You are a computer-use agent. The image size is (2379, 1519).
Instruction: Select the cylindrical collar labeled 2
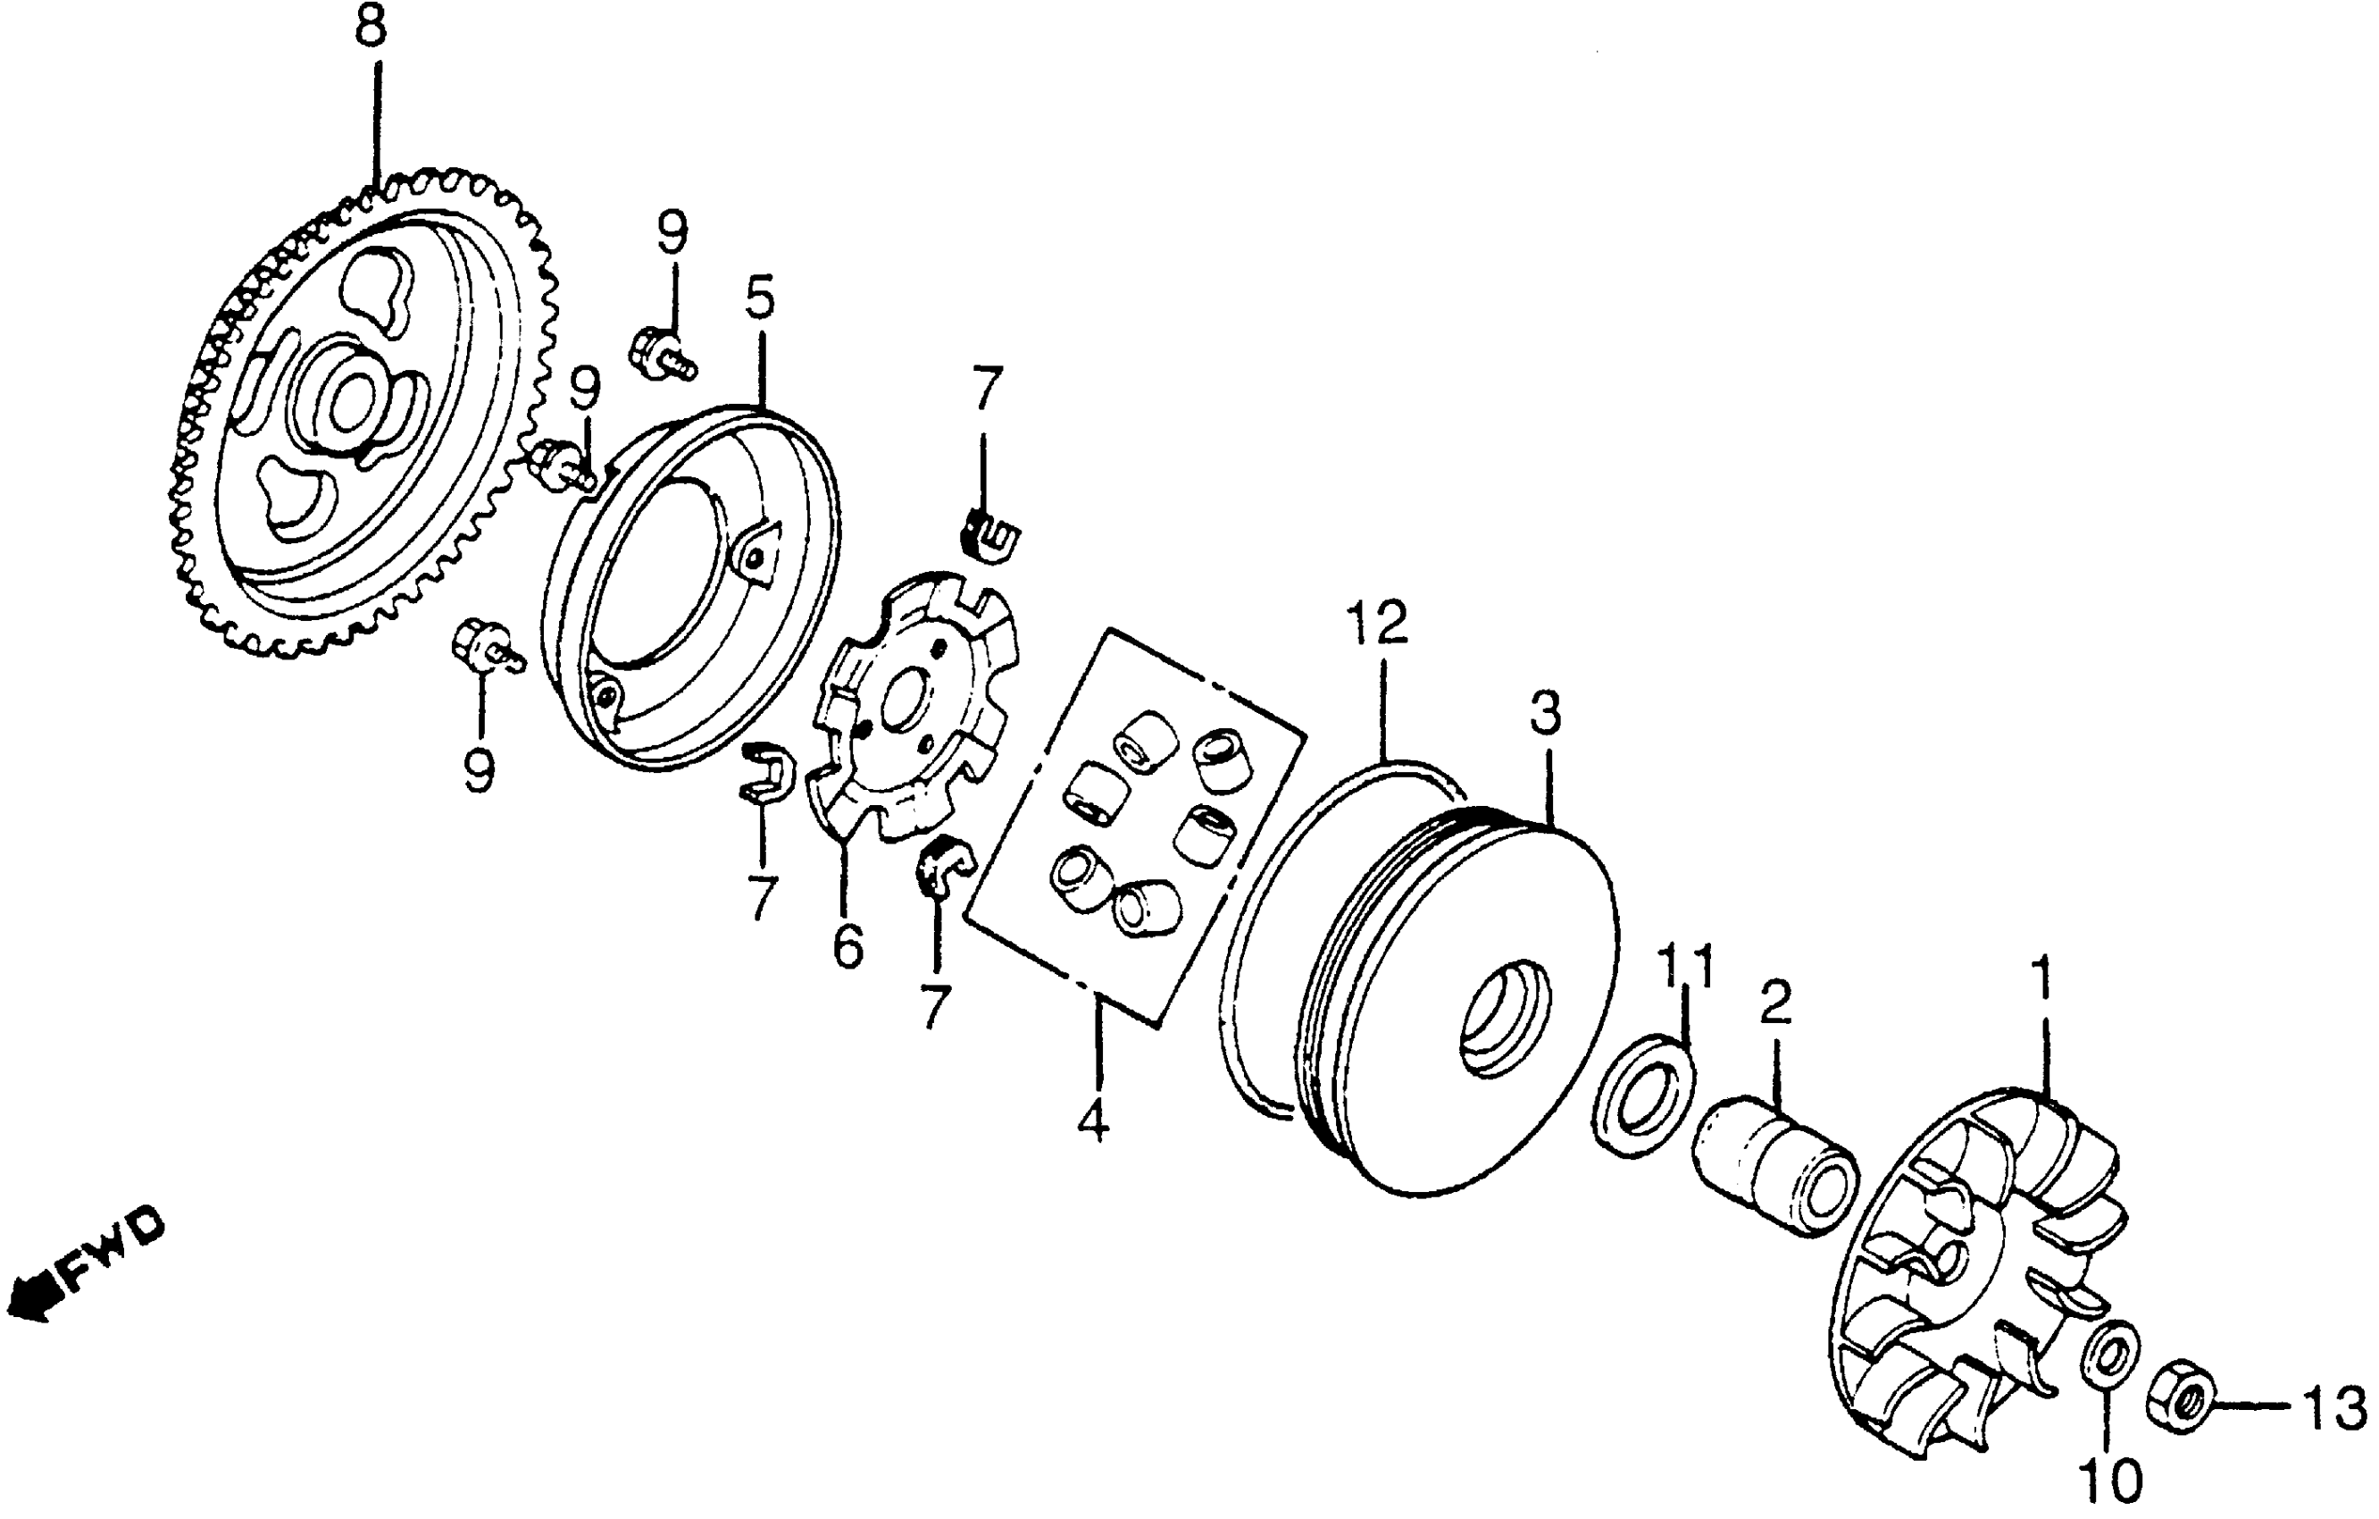click(1775, 1166)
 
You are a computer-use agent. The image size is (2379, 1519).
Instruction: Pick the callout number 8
click(371, 29)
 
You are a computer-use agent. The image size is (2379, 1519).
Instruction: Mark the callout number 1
click(2041, 978)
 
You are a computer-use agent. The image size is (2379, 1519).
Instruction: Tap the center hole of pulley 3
click(1502, 1017)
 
